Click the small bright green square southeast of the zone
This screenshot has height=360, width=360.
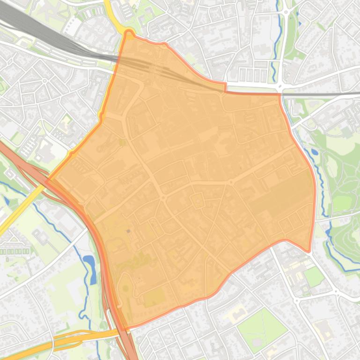(x=314, y=277)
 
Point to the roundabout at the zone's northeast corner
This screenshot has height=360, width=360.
(x=280, y=88)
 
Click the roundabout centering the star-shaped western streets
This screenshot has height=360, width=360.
(x=45, y=81)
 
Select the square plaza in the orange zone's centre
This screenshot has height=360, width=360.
(x=198, y=202)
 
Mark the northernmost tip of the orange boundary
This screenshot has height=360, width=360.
(x=129, y=32)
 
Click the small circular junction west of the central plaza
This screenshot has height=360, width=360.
(x=163, y=198)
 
